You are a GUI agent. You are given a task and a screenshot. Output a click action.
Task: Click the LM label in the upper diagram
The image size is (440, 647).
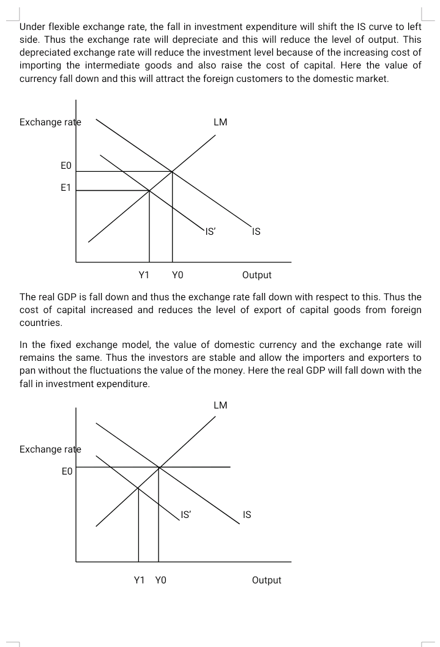coord(220,122)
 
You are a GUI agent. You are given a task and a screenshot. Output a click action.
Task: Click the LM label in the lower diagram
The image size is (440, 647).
coord(220,405)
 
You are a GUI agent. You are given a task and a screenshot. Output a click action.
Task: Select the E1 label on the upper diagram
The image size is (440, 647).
coord(65,188)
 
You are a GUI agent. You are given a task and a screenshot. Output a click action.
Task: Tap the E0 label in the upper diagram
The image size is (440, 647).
coord(66,166)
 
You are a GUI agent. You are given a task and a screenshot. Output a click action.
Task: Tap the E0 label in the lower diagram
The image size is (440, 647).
coord(67,471)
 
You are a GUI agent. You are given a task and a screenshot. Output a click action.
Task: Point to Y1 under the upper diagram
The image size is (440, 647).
coord(144,275)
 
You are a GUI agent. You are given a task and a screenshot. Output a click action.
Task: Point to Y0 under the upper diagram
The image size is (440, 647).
coord(177,275)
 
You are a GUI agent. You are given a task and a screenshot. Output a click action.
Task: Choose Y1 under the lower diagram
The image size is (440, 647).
coord(139,580)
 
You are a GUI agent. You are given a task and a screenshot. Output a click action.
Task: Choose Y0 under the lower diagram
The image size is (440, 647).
coord(161,580)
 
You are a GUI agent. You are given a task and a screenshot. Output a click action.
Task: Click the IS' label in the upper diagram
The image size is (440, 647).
coord(210,232)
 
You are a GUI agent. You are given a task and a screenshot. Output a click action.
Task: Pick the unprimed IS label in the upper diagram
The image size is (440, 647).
coord(256,232)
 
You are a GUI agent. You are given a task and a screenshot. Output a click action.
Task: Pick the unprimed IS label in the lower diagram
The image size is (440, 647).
coord(247,515)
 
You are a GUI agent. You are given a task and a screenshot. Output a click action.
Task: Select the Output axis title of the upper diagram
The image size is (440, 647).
coord(257,275)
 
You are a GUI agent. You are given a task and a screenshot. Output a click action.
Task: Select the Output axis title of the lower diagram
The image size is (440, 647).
coord(266,580)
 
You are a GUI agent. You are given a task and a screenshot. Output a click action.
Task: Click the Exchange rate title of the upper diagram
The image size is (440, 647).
coord(50,122)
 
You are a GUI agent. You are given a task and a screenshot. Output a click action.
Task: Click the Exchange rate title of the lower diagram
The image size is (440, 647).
coord(50,449)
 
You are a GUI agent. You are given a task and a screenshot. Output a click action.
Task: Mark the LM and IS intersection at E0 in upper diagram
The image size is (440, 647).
coord(172,171)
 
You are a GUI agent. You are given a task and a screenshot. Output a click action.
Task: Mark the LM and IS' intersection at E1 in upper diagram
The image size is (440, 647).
coord(150,191)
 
